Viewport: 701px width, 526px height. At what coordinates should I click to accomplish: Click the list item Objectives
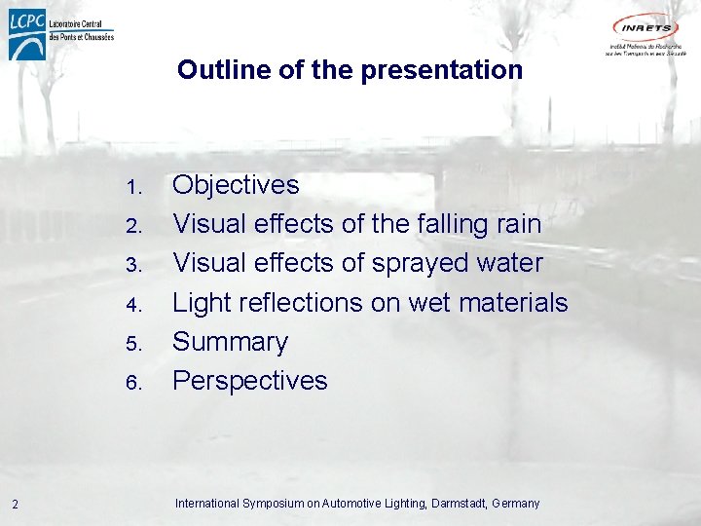pos(236,185)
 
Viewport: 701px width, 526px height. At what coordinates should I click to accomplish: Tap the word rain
pos(518,224)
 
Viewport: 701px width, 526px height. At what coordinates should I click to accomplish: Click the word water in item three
pos(509,263)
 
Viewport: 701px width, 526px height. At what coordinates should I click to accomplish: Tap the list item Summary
pos(231,342)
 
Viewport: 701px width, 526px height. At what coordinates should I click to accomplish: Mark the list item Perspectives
pos(250,381)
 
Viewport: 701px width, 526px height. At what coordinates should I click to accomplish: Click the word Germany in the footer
pos(516,504)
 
